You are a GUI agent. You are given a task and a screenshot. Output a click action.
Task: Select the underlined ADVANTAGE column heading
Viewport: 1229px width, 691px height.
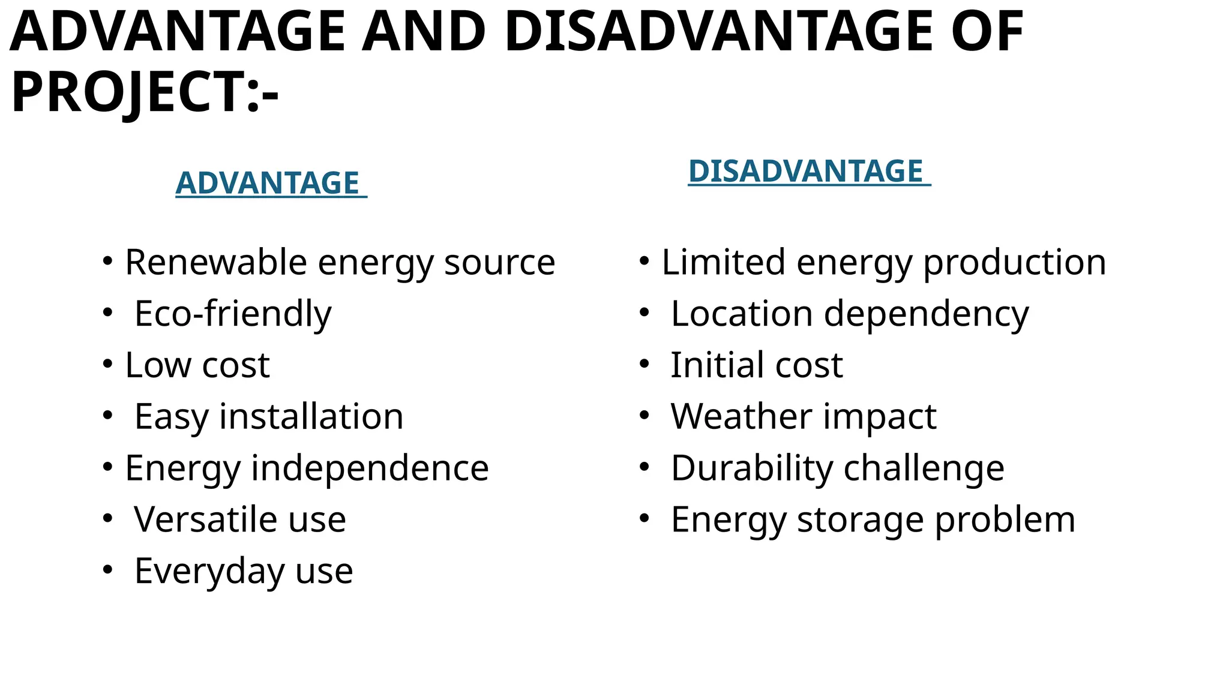(x=268, y=183)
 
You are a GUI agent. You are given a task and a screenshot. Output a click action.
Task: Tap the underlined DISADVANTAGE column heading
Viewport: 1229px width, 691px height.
(x=805, y=171)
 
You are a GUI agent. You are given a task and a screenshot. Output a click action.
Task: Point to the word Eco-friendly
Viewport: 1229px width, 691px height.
(x=233, y=314)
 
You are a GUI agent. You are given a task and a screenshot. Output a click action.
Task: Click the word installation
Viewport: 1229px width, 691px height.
(x=311, y=416)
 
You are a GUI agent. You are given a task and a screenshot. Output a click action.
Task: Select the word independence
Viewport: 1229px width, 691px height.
(x=370, y=468)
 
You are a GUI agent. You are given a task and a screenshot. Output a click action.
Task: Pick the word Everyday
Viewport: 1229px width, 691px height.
(x=209, y=571)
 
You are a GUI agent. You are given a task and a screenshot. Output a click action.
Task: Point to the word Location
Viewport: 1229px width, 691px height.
(x=742, y=314)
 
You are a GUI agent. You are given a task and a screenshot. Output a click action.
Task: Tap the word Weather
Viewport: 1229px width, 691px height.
(x=741, y=416)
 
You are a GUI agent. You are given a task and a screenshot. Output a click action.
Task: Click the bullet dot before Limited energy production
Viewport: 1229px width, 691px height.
(x=644, y=261)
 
